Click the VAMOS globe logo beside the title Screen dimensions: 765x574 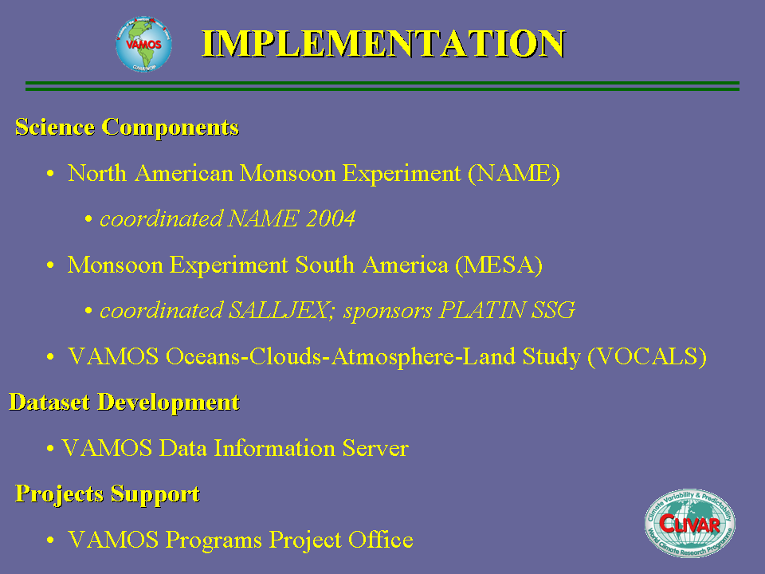pos(144,44)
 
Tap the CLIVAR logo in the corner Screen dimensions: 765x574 pos(690,523)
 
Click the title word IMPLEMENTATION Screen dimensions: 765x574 pos(383,43)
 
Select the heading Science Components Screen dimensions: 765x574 pos(127,127)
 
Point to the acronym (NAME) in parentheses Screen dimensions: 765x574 pos(514,173)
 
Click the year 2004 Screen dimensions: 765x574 pos(331,218)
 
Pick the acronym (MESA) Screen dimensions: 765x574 pos(499,265)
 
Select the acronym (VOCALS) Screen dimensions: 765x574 pos(647,357)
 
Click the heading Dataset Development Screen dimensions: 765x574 pos(124,402)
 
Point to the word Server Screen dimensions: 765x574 pos(375,448)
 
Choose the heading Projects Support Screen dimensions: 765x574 pos(108,493)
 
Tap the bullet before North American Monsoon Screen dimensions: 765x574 pos(50,174)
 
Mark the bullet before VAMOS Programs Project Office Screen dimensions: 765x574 pos(50,541)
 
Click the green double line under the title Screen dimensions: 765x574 pos(382,86)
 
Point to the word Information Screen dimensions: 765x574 pos(275,448)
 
